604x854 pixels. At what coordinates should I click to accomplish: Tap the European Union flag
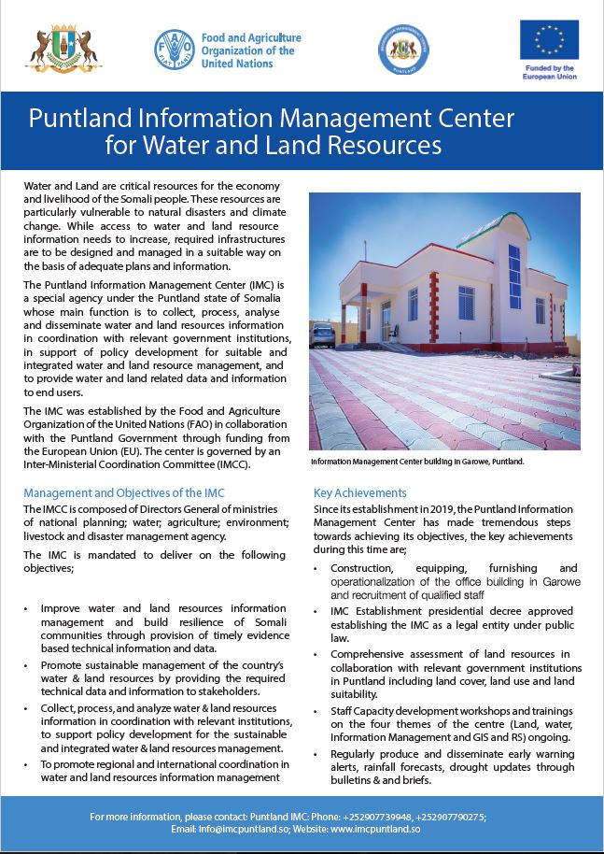(x=549, y=39)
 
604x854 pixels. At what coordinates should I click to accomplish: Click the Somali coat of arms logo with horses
(x=64, y=50)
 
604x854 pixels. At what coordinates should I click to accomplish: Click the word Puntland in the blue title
(x=77, y=120)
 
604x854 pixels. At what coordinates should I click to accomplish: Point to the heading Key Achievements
(x=360, y=492)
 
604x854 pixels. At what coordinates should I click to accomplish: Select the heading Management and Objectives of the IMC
(x=124, y=492)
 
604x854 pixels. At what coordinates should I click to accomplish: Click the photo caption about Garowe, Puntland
(x=416, y=462)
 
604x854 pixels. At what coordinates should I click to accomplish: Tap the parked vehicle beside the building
(x=321, y=334)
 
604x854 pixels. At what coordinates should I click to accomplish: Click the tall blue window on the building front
(x=514, y=278)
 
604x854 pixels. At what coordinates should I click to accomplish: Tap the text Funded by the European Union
(x=549, y=72)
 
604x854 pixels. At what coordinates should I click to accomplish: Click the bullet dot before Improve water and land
(x=28, y=608)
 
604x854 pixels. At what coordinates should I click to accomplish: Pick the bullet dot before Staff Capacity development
(x=318, y=711)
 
